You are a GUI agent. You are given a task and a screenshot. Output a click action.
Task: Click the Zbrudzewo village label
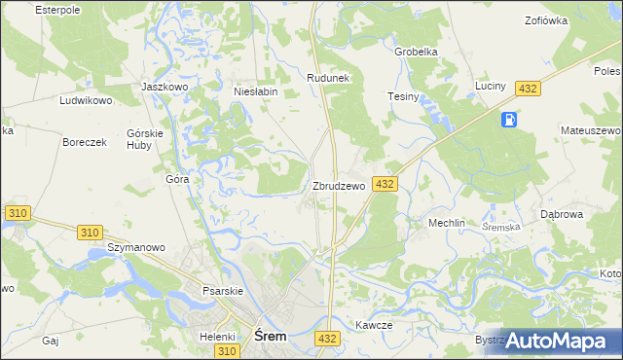pyautogui.click(x=338, y=186)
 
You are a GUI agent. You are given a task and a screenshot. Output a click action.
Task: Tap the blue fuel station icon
pyautogui.click(x=507, y=120)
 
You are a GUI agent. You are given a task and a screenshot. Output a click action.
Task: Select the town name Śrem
pyautogui.click(x=270, y=336)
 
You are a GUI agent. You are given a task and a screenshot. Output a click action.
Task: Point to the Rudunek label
pyautogui.click(x=327, y=77)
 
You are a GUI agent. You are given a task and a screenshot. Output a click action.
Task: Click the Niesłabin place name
pyautogui.click(x=256, y=92)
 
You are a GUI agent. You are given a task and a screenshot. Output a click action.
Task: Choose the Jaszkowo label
pyautogui.click(x=164, y=87)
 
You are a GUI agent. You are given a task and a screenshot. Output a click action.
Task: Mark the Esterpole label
pyautogui.click(x=56, y=9)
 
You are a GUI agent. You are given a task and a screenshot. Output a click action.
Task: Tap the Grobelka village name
pyautogui.click(x=416, y=52)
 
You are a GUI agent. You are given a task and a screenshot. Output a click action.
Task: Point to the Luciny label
pyautogui.click(x=491, y=87)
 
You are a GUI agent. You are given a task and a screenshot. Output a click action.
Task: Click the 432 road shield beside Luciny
pyautogui.click(x=528, y=89)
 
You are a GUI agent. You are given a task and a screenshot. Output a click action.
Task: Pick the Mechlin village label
pyautogui.click(x=448, y=223)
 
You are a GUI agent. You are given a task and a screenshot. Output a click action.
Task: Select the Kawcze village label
pyautogui.click(x=373, y=326)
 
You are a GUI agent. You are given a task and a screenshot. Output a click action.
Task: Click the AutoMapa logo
pyautogui.click(x=556, y=341)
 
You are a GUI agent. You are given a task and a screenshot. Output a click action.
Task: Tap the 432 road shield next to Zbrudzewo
pyautogui.click(x=385, y=184)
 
